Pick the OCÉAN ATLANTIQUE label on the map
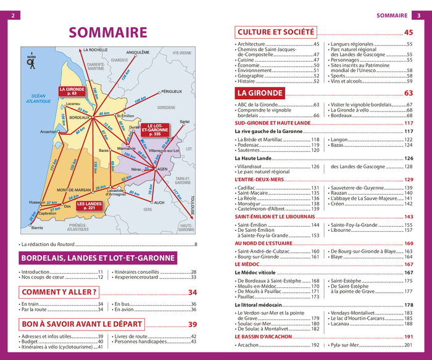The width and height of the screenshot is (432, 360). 39,98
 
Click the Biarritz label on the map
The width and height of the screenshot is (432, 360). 38,227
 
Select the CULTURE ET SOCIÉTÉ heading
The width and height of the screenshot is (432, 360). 276,32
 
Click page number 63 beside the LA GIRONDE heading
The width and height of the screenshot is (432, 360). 408,94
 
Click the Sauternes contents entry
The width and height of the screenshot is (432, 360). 252,150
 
